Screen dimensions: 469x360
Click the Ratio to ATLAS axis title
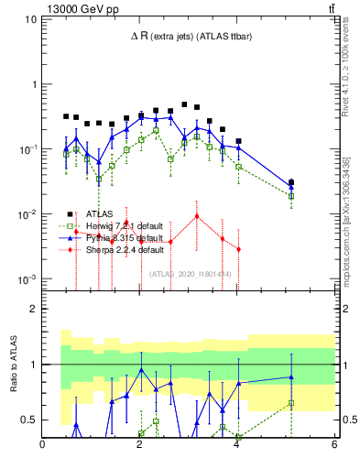coord(13,366)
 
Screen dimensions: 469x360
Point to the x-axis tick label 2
coord(139,447)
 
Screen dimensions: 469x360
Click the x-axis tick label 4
coord(236,447)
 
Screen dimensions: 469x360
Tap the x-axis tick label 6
coord(333,447)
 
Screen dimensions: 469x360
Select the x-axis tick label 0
coord(43,447)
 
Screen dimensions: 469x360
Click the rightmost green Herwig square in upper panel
coord(291,196)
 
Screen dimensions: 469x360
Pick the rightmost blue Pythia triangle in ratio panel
coord(291,376)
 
